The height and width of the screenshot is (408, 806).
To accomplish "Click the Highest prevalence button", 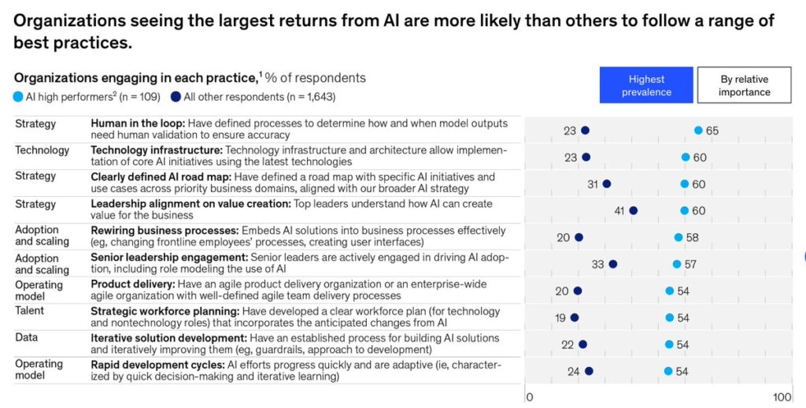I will click(x=646, y=85).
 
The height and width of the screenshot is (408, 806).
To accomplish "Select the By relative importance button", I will click(x=744, y=85).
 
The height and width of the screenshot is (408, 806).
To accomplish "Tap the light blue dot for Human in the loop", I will click(x=698, y=130).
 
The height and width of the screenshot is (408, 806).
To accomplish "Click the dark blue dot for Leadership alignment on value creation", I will click(x=634, y=210).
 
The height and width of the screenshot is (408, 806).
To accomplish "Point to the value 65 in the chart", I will click(x=712, y=131).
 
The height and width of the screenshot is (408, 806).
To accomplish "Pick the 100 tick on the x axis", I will click(x=782, y=397).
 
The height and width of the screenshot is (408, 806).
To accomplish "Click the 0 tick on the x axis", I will click(x=530, y=397).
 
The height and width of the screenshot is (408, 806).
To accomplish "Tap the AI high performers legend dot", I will click(x=18, y=97).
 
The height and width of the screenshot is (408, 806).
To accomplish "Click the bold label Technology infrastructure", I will click(x=155, y=150).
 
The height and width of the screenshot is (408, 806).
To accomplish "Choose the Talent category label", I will click(x=30, y=310).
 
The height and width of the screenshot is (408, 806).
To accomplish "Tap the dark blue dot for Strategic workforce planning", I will click(x=575, y=317).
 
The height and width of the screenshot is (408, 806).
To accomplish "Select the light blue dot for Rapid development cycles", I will click(x=668, y=371).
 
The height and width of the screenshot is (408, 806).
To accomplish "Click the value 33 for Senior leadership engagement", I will click(x=598, y=265).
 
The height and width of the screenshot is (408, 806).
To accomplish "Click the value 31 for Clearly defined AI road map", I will click(x=593, y=184).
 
